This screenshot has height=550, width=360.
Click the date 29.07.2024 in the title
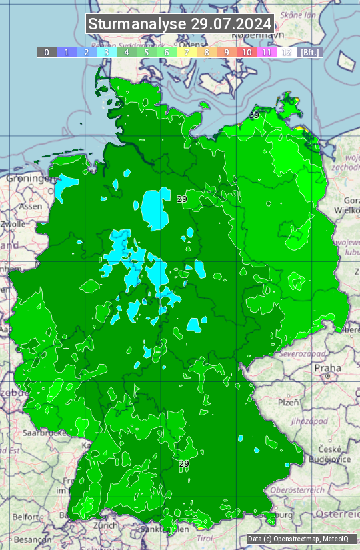click(x=231, y=24)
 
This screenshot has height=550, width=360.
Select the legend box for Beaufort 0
click(x=47, y=52)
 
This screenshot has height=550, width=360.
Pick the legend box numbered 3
click(x=107, y=52)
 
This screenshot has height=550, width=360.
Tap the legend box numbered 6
click(x=167, y=52)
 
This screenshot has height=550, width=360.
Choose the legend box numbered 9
click(x=227, y=52)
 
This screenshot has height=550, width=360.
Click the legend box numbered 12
click(x=287, y=52)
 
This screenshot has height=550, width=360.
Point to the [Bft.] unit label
click(x=310, y=52)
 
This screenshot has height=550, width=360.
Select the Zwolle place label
click(x=13, y=224)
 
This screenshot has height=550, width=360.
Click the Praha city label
click(x=327, y=368)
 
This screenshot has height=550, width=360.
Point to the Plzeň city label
click(x=288, y=403)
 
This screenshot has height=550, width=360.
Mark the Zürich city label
click(x=105, y=525)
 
